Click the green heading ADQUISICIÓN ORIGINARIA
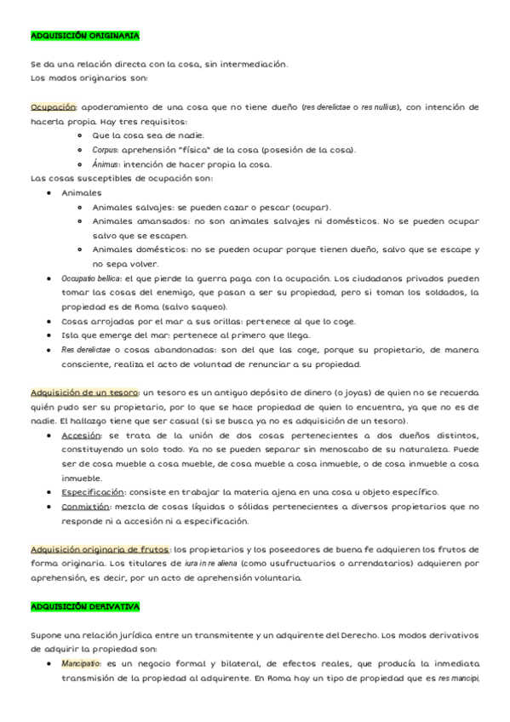point(84,36)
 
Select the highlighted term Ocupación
point(54,107)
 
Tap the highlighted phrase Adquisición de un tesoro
point(85,393)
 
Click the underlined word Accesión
point(81,434)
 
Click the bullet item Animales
point(82,193)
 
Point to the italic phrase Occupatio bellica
point(92,278)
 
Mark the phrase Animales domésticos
point(134,250)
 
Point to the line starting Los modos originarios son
point(89,78)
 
